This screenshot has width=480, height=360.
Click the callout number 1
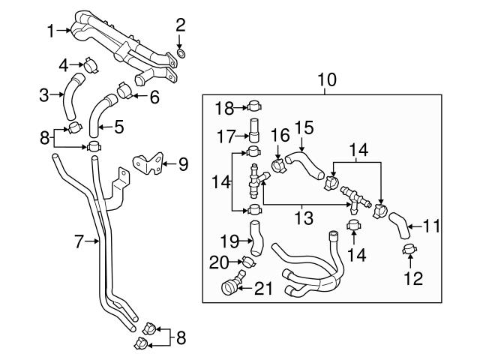pos(50,31)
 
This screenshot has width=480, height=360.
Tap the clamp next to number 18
pos(253,105)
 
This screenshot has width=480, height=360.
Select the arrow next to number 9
pos(166,162)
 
